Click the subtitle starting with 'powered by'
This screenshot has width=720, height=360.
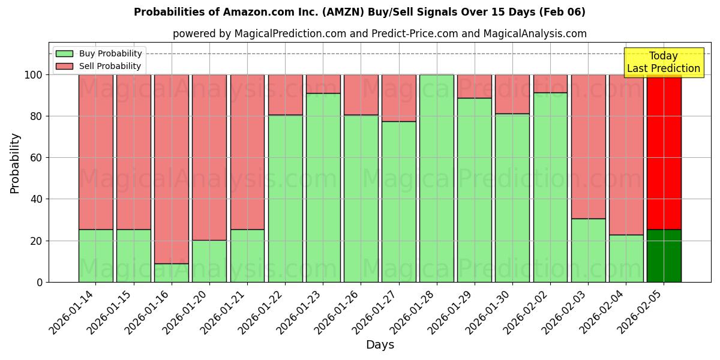379,34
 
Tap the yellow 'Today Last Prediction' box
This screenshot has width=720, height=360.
663,62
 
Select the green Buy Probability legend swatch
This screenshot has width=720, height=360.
64,53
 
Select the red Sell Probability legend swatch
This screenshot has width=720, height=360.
64,66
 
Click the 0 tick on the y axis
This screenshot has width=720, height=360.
40,282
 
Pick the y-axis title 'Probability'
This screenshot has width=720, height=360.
15,163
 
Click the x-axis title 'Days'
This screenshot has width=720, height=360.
380,344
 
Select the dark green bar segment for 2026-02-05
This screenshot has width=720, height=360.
664,256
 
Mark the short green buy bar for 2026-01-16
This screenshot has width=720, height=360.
172,273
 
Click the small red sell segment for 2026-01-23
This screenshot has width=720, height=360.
323,84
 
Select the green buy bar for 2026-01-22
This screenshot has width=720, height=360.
285,198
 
